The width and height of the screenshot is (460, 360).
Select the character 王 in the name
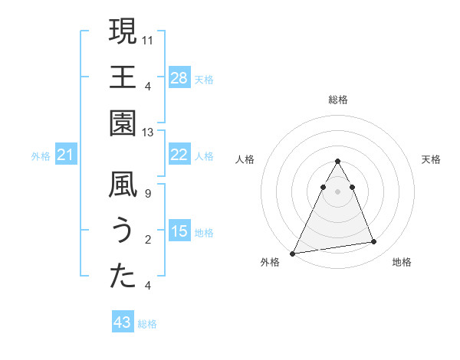123,78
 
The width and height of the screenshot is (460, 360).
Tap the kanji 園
123,123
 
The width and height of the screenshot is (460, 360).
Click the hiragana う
123,231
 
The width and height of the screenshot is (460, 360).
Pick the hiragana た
123,277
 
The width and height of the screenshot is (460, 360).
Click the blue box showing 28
179,77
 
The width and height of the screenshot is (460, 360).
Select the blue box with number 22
179,154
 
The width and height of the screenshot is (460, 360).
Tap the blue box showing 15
179,231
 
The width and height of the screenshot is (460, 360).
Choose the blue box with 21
66,155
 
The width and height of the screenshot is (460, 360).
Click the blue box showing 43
123,322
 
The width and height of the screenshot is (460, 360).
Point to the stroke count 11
148,40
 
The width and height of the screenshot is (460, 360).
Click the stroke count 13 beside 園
148,133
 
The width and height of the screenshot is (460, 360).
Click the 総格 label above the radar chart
337,100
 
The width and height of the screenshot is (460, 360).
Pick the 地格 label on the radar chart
402,262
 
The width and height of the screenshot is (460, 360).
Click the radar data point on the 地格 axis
374,242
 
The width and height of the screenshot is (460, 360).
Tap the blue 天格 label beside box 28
204,79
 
